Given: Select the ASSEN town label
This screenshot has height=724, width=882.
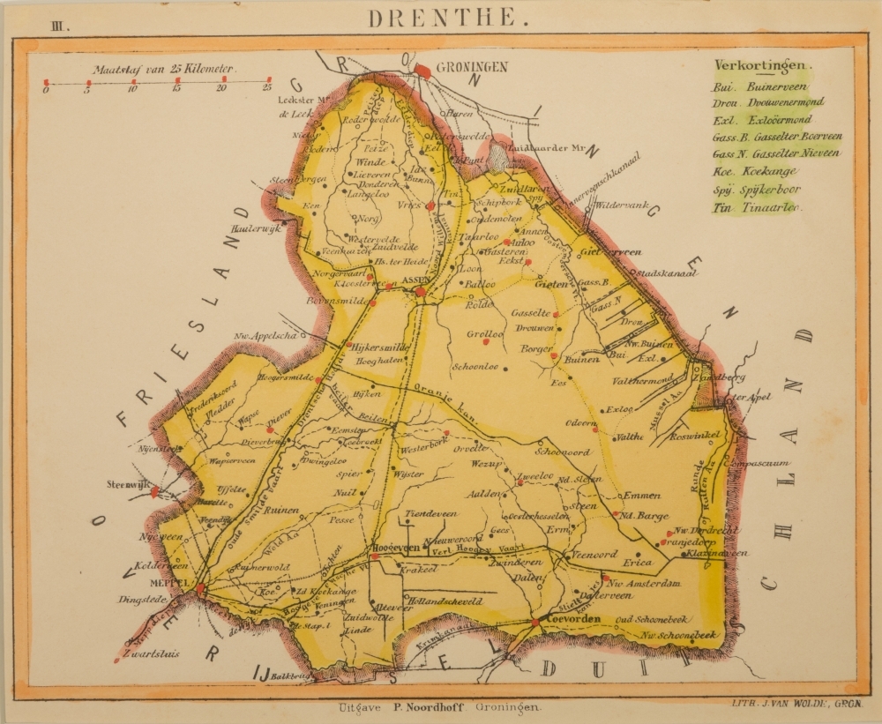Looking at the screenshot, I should [x=415, y=281].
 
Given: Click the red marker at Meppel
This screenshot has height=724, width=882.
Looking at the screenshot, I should [x=200, y=588].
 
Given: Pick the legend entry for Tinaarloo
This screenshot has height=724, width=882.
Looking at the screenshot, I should [x=756, y=207].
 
